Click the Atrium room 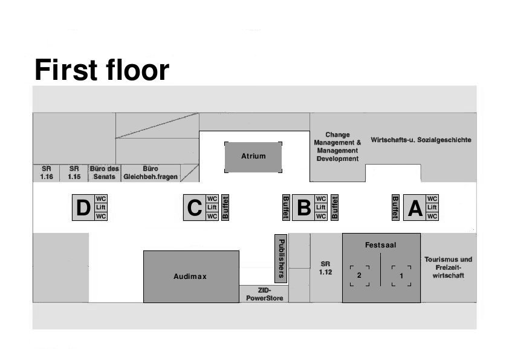[253, 157]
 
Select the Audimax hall [190, 277]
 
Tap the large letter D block [83, 208]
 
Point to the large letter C [194, 208]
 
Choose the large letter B [303, 208]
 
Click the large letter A [415, 208]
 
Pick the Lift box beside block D [101, 208]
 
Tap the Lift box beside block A [432, 208]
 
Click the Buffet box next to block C [225, 208]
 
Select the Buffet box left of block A [395, 208]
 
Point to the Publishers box [280, 258]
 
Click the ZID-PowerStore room [265, 295]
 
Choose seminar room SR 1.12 [326, 268]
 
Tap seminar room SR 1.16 [47, 173]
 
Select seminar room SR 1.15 [74, 173]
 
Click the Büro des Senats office [105, 173]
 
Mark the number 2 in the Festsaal [359, 275]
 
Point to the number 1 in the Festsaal [401, 275]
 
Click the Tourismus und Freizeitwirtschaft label [448, 267]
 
